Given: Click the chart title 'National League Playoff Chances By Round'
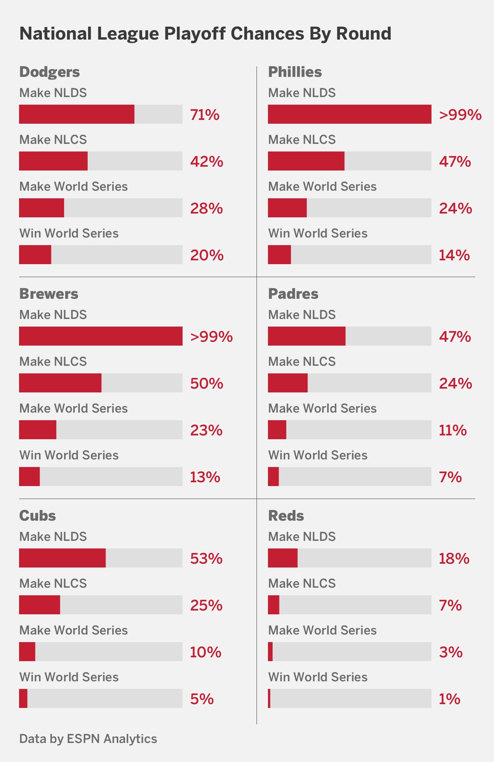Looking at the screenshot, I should coord(205,33).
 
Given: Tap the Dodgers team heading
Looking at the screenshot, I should coord(50,72).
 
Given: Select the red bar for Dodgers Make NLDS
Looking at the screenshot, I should coord(77,114).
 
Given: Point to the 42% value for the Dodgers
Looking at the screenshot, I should coord(207,161).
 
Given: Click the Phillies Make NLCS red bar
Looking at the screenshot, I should coord(306,161).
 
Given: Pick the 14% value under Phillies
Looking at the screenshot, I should coord(454,255).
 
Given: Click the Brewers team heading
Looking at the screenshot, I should coord(49,294).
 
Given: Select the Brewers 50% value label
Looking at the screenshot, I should coord(207,383).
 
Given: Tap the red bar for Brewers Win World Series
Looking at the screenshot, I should coord(29,477).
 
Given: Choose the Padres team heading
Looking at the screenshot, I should coord(293,294).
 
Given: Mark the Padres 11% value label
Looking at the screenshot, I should coord(453,430).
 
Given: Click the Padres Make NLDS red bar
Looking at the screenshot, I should coord(306,336).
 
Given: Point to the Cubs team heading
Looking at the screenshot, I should coord(37,516).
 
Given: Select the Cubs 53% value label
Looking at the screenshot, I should coord(206,558).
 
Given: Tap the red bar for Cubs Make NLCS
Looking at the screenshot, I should coord(40,605).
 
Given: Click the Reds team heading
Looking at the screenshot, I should coord(286,516).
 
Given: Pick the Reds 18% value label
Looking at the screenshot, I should coord(454,558).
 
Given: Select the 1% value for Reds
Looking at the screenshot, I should coord(449,699).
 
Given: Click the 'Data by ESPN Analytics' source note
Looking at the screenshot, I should coord(88,738).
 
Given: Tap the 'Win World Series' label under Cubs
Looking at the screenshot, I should coord(69,677).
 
